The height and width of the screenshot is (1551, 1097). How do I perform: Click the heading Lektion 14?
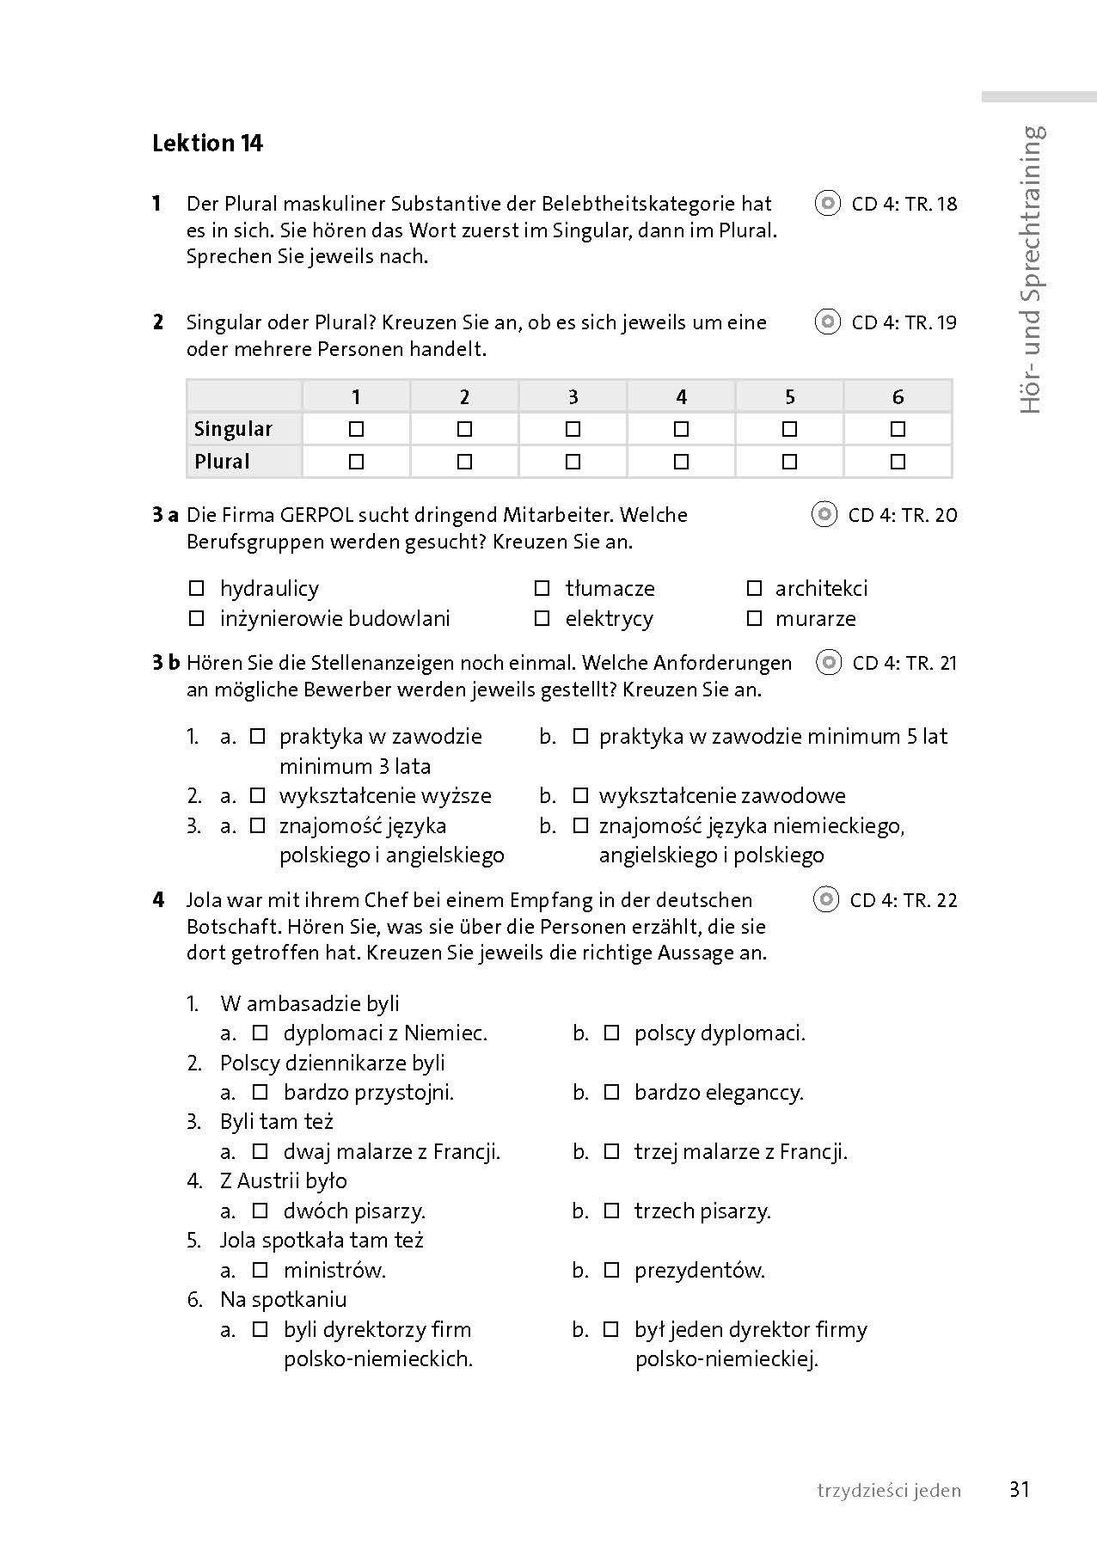click(207, 143)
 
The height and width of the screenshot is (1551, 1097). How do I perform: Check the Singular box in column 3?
click(573, 428)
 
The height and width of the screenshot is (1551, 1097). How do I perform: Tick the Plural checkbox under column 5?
click(790, 462)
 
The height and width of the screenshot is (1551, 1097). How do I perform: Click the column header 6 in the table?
click(898, 396)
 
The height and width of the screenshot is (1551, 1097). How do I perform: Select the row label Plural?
click(222, 462)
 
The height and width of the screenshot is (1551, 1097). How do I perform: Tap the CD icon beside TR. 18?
click(827, 204)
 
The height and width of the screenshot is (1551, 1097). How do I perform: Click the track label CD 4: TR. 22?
click(903, 900)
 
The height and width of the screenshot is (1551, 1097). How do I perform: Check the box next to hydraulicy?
click(197, 588)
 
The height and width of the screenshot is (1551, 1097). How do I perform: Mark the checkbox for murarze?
click(754, 618)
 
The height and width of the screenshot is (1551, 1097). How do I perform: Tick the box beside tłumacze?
click(542, 588)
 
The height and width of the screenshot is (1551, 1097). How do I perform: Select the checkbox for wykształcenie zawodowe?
click(580, 795)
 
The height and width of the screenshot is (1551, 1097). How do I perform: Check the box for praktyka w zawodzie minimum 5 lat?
click(580, 736)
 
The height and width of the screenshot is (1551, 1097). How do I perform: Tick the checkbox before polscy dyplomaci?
click(611, 1033)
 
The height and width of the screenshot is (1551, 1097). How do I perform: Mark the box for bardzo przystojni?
click(260, 1092)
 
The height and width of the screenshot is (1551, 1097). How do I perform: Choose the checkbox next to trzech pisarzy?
click(611, 1211)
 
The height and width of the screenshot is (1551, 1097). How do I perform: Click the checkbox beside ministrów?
click(260, 1270)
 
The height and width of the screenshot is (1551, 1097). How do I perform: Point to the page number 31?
click(1020, 1490)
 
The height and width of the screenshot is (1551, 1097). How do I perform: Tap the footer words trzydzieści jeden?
click(889, 1491)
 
